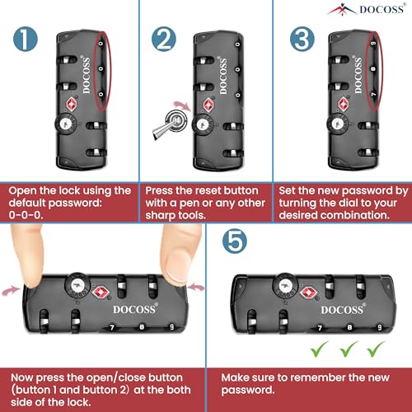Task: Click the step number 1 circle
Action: [26, 39]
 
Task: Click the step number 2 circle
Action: [164, 39]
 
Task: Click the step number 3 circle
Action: [302, 39]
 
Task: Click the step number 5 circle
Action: [235, 241]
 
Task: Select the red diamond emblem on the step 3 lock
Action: [343, 104]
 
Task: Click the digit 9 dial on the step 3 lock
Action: [373, 44]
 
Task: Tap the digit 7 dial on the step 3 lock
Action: [373, 95]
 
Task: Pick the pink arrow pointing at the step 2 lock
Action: [183, 105]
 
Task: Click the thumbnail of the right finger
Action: [177, 265]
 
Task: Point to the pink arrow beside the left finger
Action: [11, 290]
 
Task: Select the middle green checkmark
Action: [349, 349]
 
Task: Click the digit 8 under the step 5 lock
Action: [349, 327]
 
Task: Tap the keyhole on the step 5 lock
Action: [284, 285]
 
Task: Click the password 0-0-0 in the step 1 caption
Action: [26, 215]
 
